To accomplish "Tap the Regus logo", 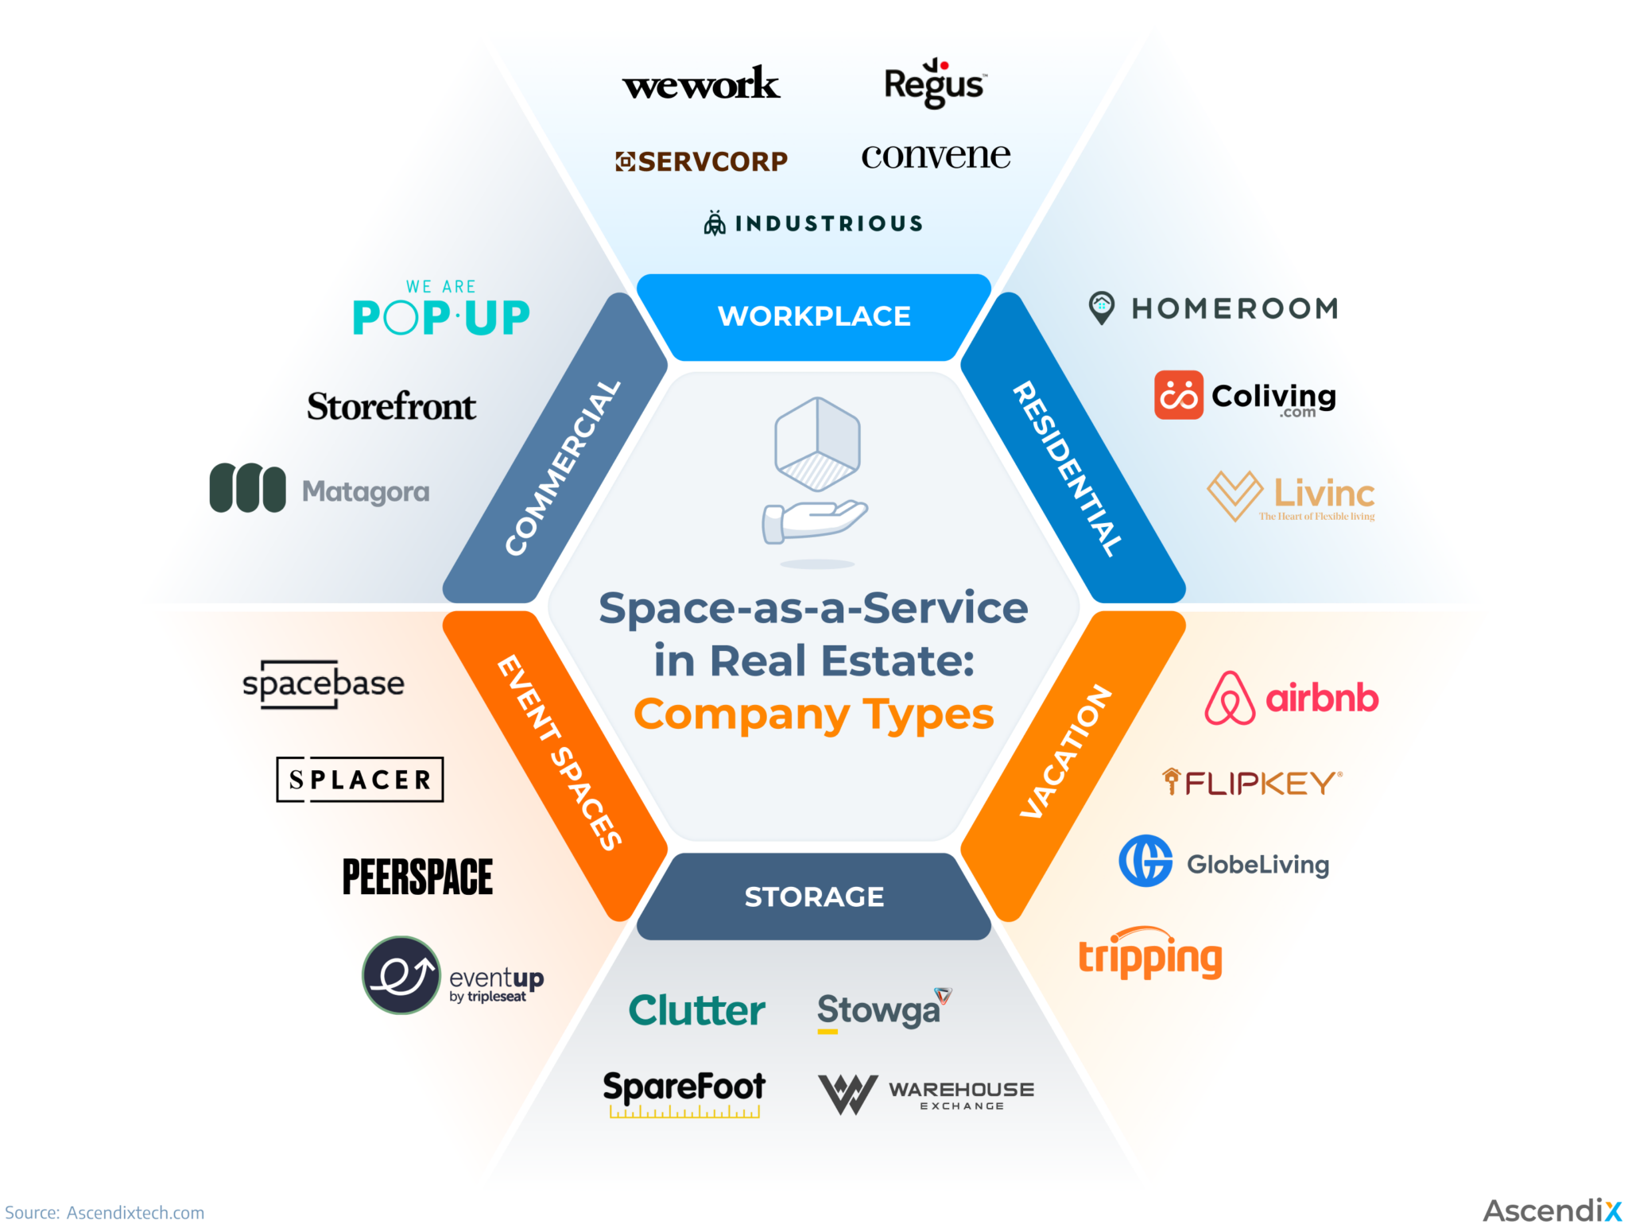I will click(935, 83).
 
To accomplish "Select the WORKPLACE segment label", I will click(814, 316).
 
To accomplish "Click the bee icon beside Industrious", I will click(715, 223).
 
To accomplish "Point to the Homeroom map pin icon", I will click(1101, 308).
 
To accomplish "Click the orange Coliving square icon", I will click(1178, 395).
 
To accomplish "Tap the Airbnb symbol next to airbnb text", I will click(1229, 698).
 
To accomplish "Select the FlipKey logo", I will click(1252, 783).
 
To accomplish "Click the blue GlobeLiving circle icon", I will click(1145, 861).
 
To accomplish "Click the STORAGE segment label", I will click(814, 897).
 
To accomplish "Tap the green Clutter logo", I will click(696, 1010).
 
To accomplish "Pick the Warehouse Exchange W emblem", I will click(847, 1094).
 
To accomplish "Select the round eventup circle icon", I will click(401, 975).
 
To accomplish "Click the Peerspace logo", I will click(417, 877).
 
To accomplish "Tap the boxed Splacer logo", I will click(359, 780).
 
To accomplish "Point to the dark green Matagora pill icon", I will click(247, 488).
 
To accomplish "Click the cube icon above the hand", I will click(817, 444).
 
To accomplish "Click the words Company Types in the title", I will click(813, 714).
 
